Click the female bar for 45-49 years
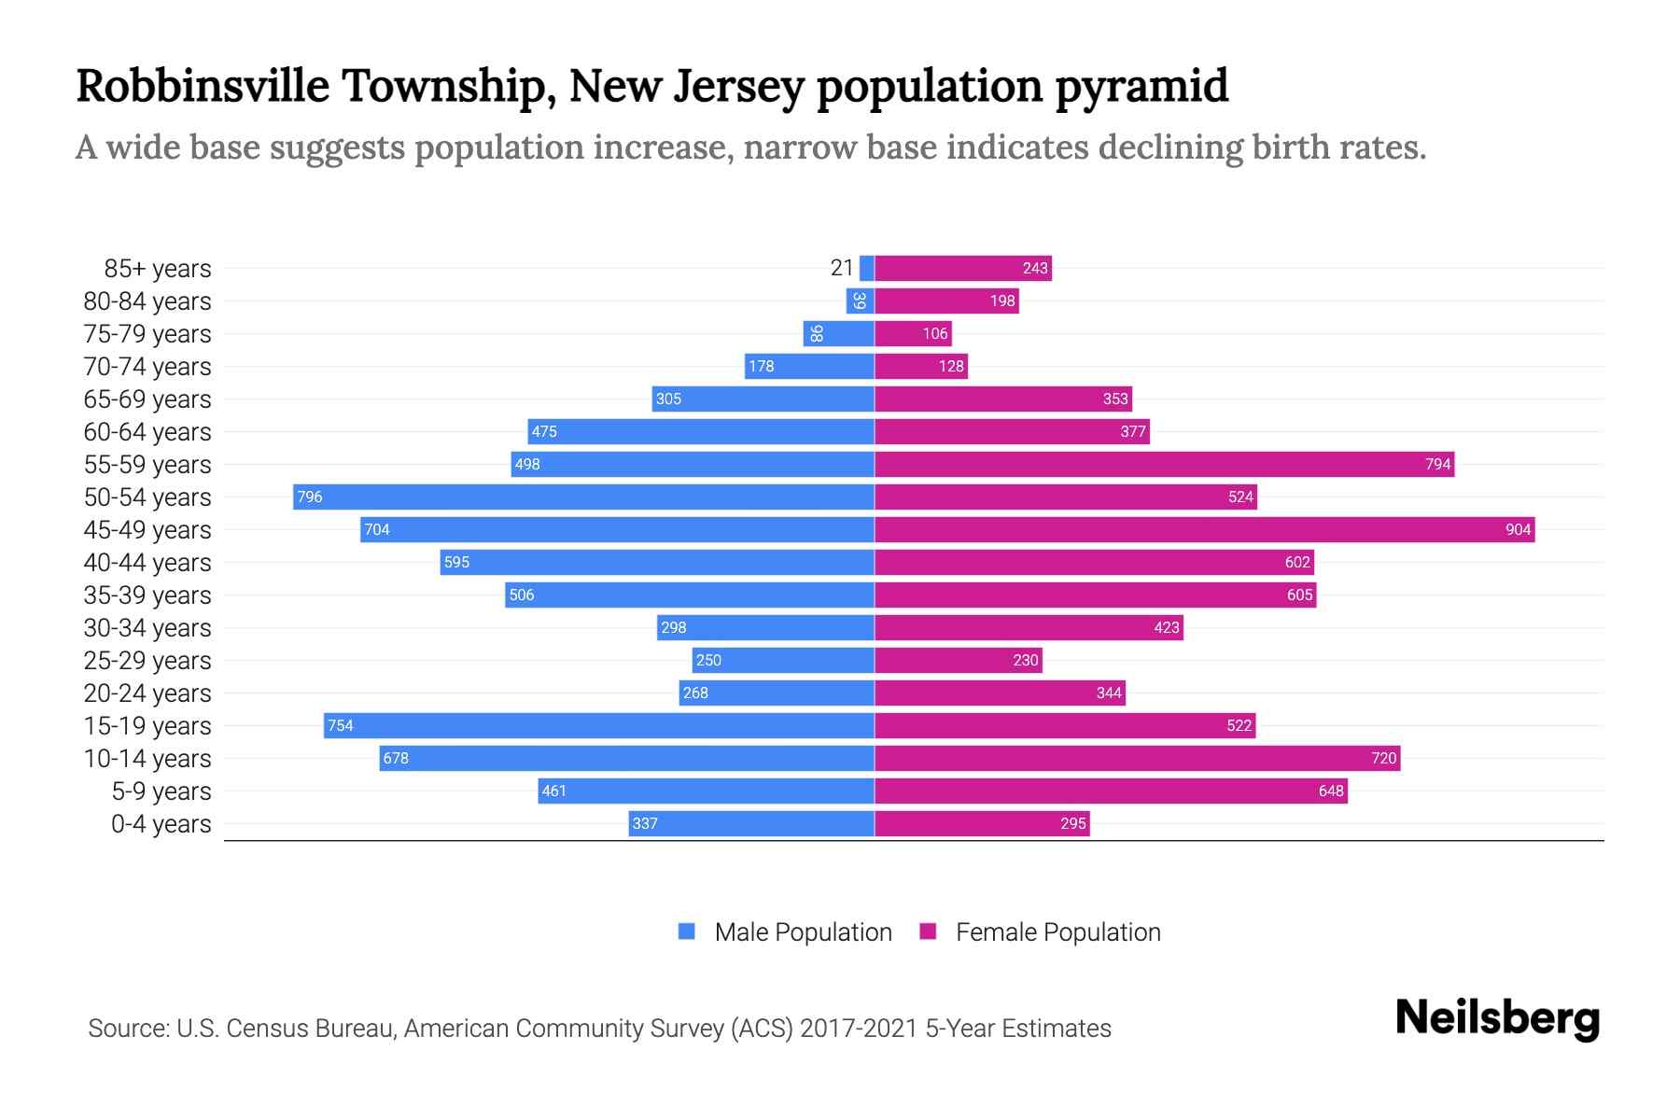[x=1204, y=529]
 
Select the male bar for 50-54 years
[x=583, y=497]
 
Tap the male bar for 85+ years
[x=866, y=268]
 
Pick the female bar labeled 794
[x=1164, y=464]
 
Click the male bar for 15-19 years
[x=598, y=725]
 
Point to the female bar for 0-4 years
[x=982, y=823]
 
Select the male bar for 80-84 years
[x=860, y=301]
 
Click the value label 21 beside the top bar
[x=841, y=268]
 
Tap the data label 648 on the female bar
[x=1330, y=791]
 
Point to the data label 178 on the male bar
[x=761, y=366]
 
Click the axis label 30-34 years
[x=147, y=627]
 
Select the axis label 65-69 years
[x=147, y=399]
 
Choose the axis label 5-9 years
[x=161, y=791]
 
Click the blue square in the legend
[x=687, y=931]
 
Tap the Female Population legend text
[x=1057, y=931]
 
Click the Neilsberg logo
[x=1497, y=1018]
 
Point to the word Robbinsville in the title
[x=203, y=86]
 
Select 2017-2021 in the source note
[x=859, y=1028]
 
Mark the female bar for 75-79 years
[x=913, y=333]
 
